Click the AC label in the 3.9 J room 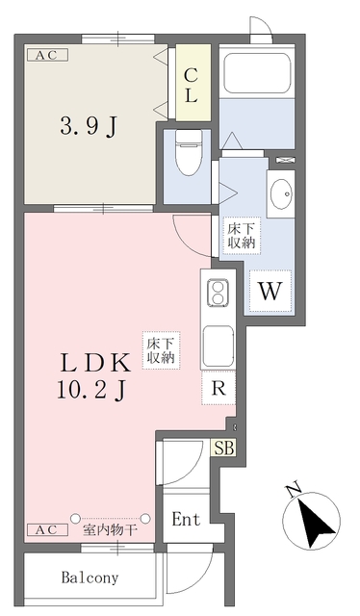point(47,55)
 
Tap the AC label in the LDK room point(47,529)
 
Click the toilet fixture point(188,152)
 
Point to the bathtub point(257,72)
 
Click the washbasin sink point(281,193)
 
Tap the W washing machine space point(270,291)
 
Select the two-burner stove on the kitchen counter point(218,293)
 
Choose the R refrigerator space point(219,388)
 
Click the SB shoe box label point(224,448)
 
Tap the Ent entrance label point(186,520)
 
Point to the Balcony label point(90,577)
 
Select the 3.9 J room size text point(89,126)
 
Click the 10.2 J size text point(91,390)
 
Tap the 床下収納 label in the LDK point(161,350)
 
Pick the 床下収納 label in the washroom point(242,235)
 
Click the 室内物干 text point(110,530)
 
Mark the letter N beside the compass point(294,490)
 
